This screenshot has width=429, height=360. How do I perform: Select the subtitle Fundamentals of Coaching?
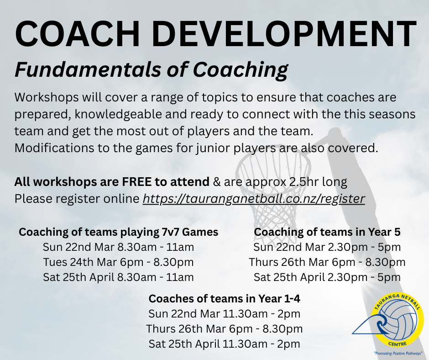(x=151, y=70)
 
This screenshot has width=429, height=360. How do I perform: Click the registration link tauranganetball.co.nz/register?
(x=254, y=199)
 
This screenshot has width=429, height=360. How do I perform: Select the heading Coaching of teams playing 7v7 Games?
(x=118, y=232)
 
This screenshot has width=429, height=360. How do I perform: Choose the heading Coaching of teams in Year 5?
(x=327, y=232)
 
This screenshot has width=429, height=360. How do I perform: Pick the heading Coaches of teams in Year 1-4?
(x=224, y=299)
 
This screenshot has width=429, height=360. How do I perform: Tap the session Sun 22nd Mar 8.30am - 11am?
(x=118, y=247)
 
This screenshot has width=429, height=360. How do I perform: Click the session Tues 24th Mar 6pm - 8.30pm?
(x=118, y=262)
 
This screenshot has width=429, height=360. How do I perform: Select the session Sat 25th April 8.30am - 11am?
(x=118, y=277)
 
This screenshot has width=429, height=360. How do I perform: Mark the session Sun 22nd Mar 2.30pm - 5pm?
(x=327, y=247)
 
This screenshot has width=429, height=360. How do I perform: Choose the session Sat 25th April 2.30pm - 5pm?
(x=327, y=277)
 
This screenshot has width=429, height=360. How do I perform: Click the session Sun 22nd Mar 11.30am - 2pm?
(x=224, y=314)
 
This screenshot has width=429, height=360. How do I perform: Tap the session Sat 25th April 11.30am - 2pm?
(x=224, y=344)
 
